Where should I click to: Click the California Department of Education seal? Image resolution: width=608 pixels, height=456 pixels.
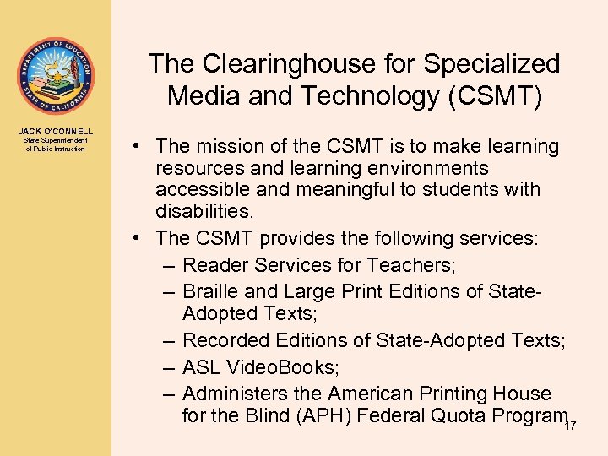56,76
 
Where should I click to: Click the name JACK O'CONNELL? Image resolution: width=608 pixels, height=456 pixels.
56,131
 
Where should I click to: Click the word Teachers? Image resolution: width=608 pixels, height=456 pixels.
410,265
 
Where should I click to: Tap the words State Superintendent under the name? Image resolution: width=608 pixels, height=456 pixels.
56,141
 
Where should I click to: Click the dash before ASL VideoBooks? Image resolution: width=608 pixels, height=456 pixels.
167,368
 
